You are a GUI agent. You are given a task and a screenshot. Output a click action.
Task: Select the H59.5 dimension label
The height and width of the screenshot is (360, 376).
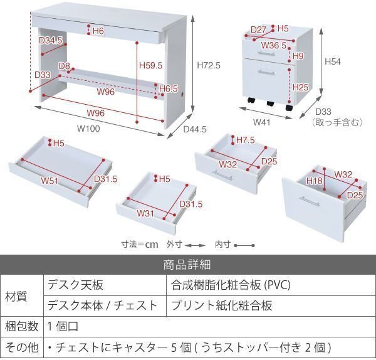coord(150,64)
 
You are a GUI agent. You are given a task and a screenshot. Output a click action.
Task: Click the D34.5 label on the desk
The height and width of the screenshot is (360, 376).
coord(50,41)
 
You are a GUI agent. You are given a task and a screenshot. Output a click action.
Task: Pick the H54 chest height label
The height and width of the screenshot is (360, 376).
coord(333,62)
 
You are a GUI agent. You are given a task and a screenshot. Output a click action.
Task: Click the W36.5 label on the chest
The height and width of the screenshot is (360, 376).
coord(274,45)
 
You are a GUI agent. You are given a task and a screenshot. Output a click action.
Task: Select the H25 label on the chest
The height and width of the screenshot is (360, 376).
coord(300,87)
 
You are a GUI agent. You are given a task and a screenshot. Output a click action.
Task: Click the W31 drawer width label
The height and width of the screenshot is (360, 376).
coord(146,213)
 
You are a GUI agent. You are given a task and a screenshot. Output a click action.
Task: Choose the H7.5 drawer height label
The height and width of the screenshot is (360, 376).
coord(246,140)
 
